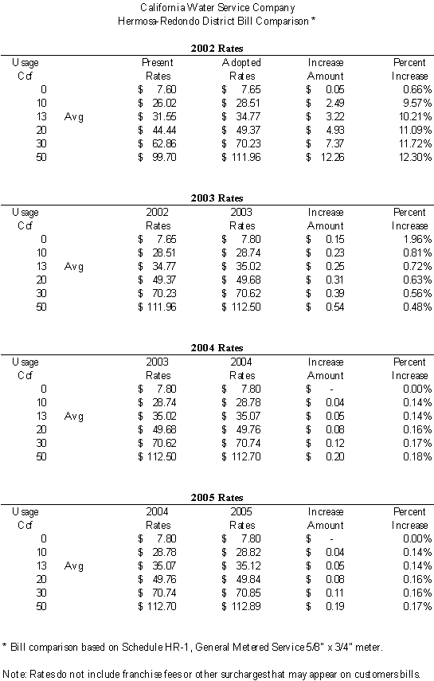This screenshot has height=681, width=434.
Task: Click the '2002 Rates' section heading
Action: tap(217, 49)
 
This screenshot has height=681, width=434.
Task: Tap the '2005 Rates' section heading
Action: tap(217, 498)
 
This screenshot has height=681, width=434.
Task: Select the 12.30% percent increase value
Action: tap(416, 157)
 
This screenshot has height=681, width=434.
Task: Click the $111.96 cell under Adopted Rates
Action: tap(241, 157)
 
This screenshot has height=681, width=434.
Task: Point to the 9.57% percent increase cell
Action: tap(417, 103)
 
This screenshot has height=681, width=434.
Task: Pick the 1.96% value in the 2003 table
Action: tap(417, 239)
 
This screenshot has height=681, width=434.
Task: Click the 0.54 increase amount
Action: tap(335, 307)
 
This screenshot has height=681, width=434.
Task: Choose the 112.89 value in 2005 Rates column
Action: tap(246, 606)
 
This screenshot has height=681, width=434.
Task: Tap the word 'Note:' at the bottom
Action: tap(15, 674)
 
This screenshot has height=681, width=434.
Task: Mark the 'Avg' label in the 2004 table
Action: tap(74, 417)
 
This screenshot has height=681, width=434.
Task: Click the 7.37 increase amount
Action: tap(335, 143)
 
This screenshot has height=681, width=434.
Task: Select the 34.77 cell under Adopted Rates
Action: tap(248, 117)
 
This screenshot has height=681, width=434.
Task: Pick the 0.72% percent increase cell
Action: tap(417, 266)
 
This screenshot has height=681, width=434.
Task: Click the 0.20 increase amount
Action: tap(335, 457)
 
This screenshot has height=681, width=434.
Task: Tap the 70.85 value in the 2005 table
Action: tap(248, 593)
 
